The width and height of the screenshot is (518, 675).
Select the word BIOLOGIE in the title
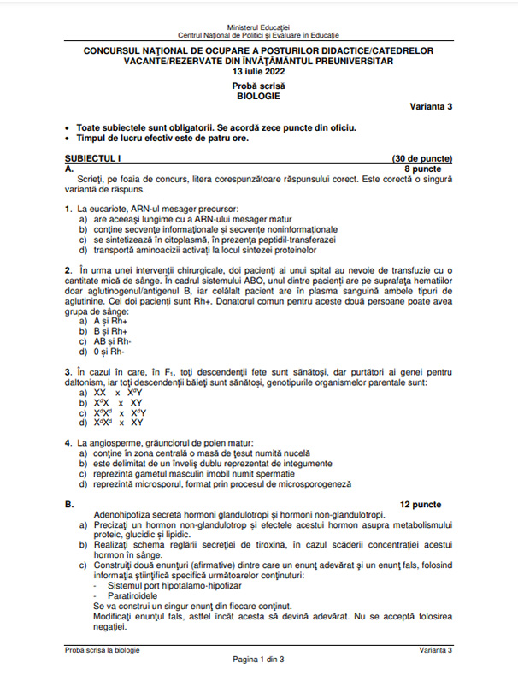click(x=258, y=97)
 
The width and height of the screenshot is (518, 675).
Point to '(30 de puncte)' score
click(x=421, y=159)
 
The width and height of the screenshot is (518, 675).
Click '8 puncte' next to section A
click(x=433, y=169)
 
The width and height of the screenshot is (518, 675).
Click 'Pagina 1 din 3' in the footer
click(x=258, y=659)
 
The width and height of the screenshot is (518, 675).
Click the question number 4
click(x=68, y=443)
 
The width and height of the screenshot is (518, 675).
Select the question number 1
click(x=68, y=209)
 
